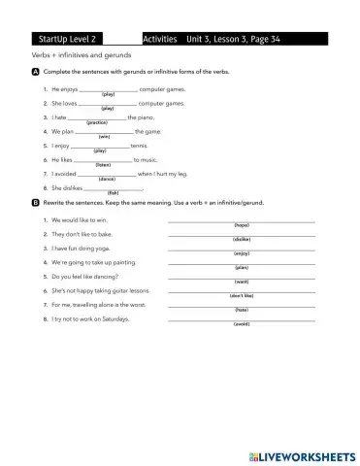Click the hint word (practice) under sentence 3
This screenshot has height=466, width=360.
[97, 123]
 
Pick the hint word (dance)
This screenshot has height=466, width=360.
[107, 179]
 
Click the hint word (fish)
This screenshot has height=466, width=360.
[113, 192]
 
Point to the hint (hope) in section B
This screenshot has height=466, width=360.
[242, 225]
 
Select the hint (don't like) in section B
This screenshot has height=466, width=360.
[242, 294]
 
